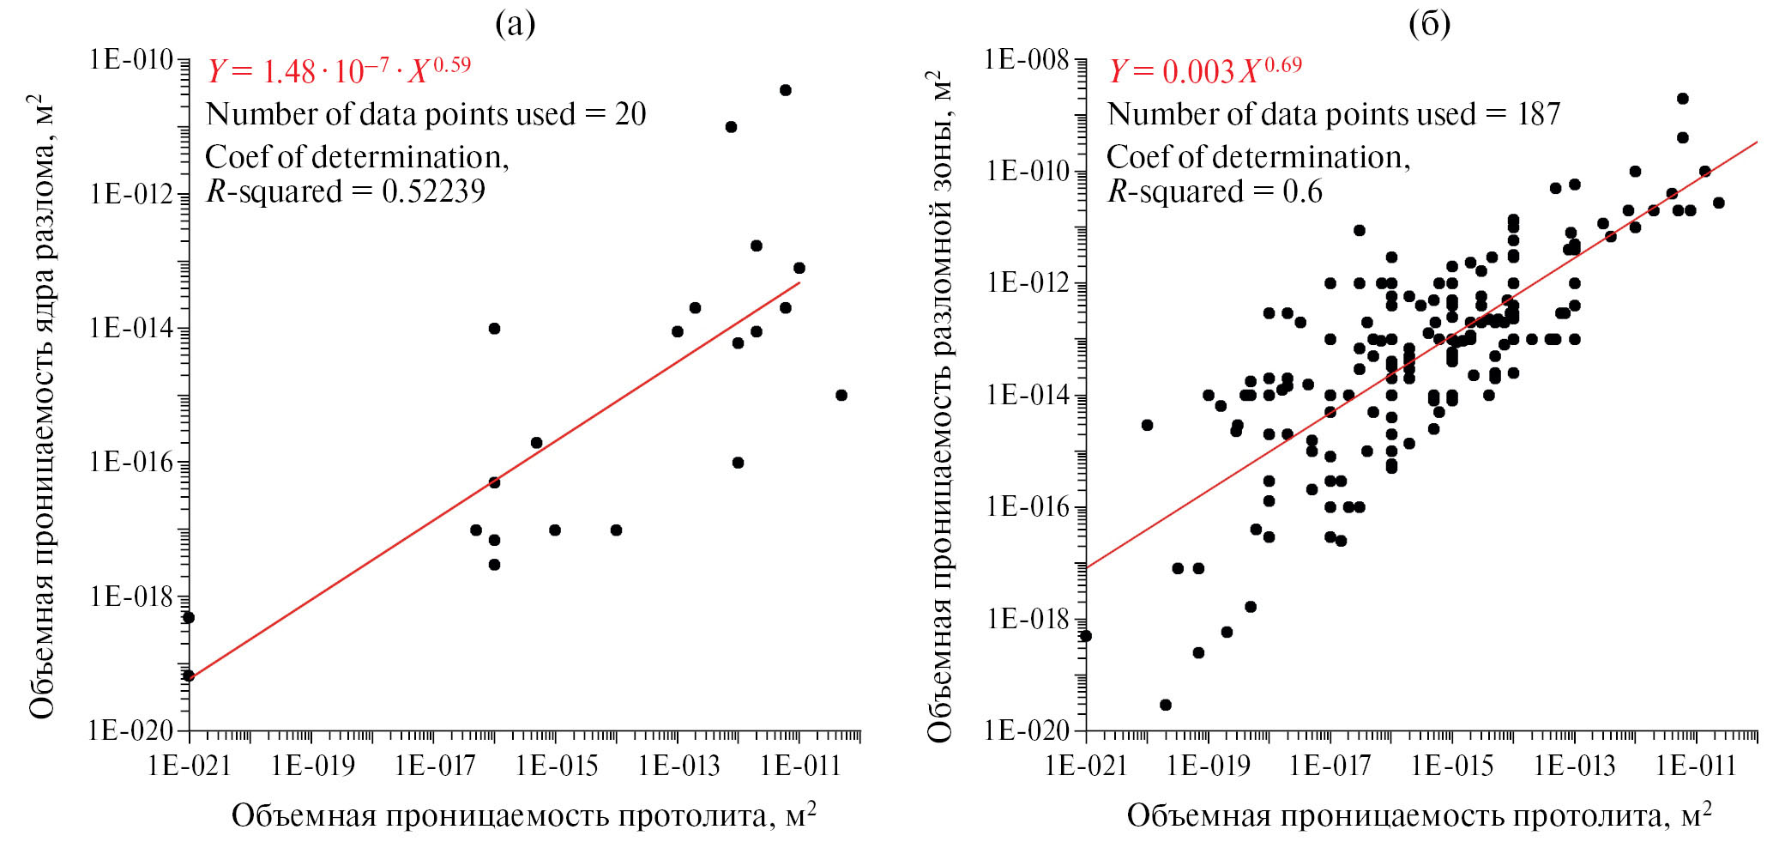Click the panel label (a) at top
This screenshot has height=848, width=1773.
tap(516, 25)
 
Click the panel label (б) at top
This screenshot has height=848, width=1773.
tap(1429, 25)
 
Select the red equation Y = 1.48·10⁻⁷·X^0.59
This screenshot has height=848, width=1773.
tap(339, 70)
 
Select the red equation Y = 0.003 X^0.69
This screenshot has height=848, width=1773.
tap(1205, 70)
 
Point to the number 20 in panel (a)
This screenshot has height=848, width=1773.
tap(630, 114)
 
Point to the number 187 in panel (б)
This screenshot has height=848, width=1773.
tap(1538, 114)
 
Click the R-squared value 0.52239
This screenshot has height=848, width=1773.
tap(433, 191)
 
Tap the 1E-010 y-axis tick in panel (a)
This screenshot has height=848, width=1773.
tap(131, 60)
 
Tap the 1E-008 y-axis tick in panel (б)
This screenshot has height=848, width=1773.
tap(1027, 60)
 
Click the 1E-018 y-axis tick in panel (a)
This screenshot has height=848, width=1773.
tap(131, 597)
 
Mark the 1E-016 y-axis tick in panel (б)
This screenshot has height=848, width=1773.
tap(1027, 507)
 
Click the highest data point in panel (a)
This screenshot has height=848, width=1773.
tap(785, 90)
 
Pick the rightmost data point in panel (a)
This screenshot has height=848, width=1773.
tap(841, 395)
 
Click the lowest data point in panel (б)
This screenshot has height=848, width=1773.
tap(1165, 705)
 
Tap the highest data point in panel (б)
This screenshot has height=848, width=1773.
tap(1682, 99)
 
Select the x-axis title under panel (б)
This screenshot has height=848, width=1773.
tap(1419, 815)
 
